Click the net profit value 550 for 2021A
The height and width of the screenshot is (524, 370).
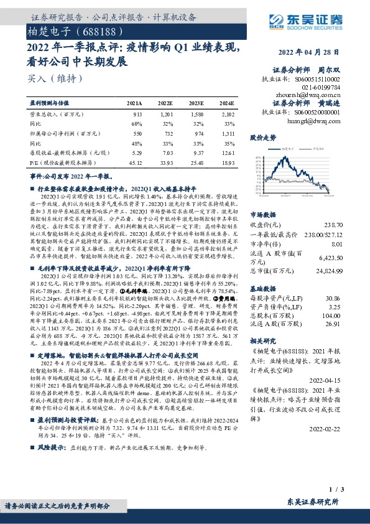pos(138,133)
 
